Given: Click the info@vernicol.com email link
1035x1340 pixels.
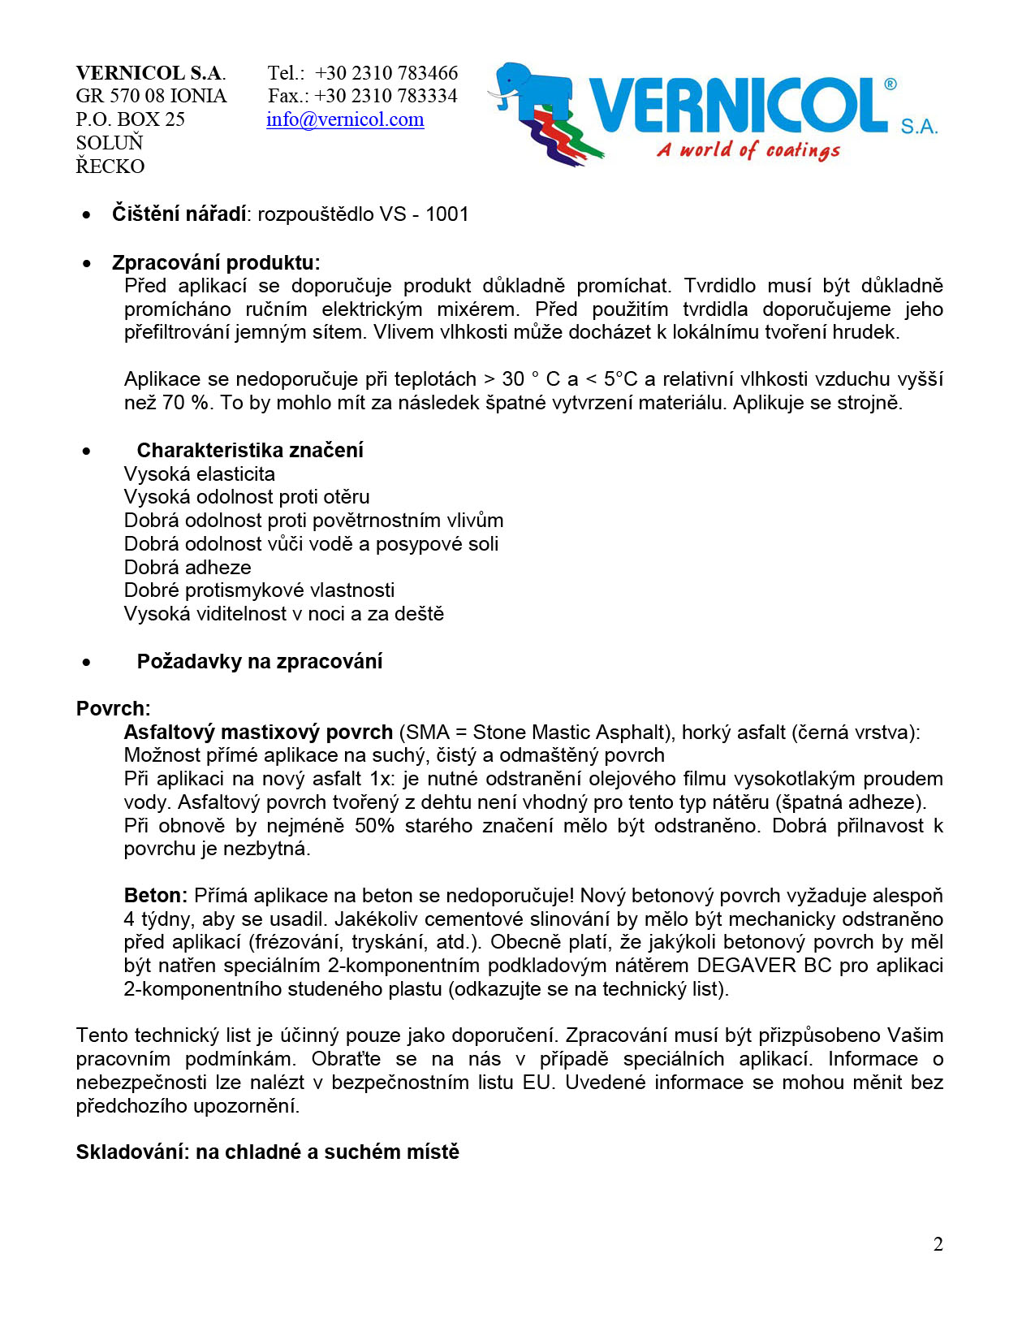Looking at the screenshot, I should click(345, 119).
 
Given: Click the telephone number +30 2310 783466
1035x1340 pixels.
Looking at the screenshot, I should click(386, 73).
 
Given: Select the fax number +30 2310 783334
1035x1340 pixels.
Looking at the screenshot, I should click(386, 96).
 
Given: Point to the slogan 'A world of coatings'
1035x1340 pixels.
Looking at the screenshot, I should click(748, 150).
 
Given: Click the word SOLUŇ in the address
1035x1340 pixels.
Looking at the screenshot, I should click(110, 143).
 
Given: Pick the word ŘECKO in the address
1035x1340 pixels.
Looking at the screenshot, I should click(110, 166).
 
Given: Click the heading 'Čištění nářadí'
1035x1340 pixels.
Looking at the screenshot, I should click(179, 214).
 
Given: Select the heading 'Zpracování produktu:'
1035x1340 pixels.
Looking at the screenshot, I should click(216, 263).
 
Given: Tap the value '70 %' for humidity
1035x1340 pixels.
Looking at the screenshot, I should click(186, 403).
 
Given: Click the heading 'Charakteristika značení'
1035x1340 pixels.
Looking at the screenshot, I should click(250, 451).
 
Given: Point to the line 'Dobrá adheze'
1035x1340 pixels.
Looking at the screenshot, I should click(188, 568).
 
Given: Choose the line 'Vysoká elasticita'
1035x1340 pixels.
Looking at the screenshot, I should click(200, 474).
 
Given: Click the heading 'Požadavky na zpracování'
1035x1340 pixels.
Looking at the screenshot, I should click(260, 662).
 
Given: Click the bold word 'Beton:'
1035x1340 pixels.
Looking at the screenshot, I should click(156, 896).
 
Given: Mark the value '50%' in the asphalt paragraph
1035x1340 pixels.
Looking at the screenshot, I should click(374, 826).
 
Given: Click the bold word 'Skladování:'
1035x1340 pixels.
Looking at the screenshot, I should click(132, 1152).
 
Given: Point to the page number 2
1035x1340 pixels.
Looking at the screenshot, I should click(938, 1244).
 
